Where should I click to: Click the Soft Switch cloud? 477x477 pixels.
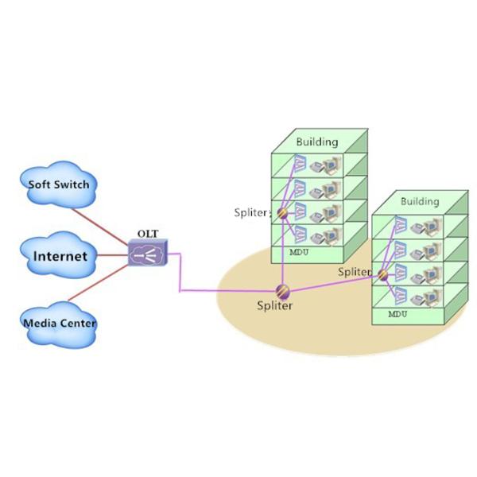pos(60,184)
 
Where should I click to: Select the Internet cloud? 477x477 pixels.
pos(60,256)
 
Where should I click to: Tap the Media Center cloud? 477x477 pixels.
pos(60,322)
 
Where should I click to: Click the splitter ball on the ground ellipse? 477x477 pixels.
pos(281,290)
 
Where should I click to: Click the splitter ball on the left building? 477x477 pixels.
pos(281,212)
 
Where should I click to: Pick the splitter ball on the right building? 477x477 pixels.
pos(382,274)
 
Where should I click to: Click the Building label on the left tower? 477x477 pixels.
pos(316,142)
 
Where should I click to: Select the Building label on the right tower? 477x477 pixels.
pos(419,201)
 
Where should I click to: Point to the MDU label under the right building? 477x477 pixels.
pos(397,314)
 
